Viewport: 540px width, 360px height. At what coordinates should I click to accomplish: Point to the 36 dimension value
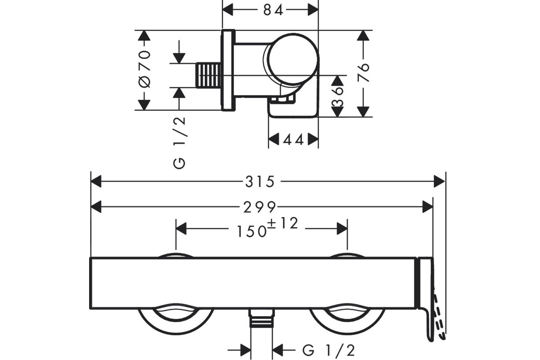click(x=337, y=97)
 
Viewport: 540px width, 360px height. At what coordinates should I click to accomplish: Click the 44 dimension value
click(x=293, y=139)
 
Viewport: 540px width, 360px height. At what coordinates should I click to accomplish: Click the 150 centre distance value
click(x=251, y=231)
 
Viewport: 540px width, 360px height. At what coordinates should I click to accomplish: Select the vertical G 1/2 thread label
click(x=180, y=142)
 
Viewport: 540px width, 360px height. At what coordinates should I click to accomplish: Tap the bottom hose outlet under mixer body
click(x=261, y=319)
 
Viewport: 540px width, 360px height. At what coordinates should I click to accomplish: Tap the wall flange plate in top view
click(x=228, y=70)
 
